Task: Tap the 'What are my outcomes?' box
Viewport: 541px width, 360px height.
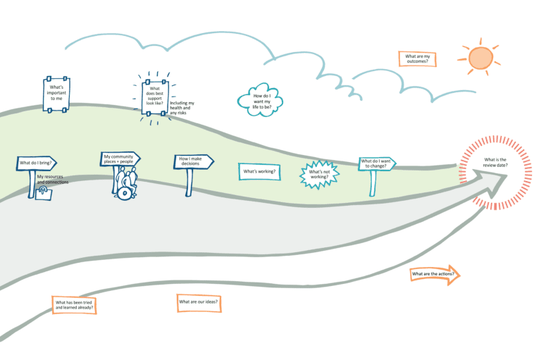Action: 418,58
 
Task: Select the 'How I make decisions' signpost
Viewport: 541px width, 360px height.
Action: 192,162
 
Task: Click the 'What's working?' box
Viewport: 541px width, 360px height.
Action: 259,171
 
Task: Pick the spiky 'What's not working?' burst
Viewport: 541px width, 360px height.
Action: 319,173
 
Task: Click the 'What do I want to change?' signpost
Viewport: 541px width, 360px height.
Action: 376,164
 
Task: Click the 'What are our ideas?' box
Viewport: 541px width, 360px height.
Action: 198,302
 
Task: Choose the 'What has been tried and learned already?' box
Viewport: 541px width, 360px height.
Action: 73,305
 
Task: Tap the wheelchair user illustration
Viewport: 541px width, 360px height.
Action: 126,184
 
